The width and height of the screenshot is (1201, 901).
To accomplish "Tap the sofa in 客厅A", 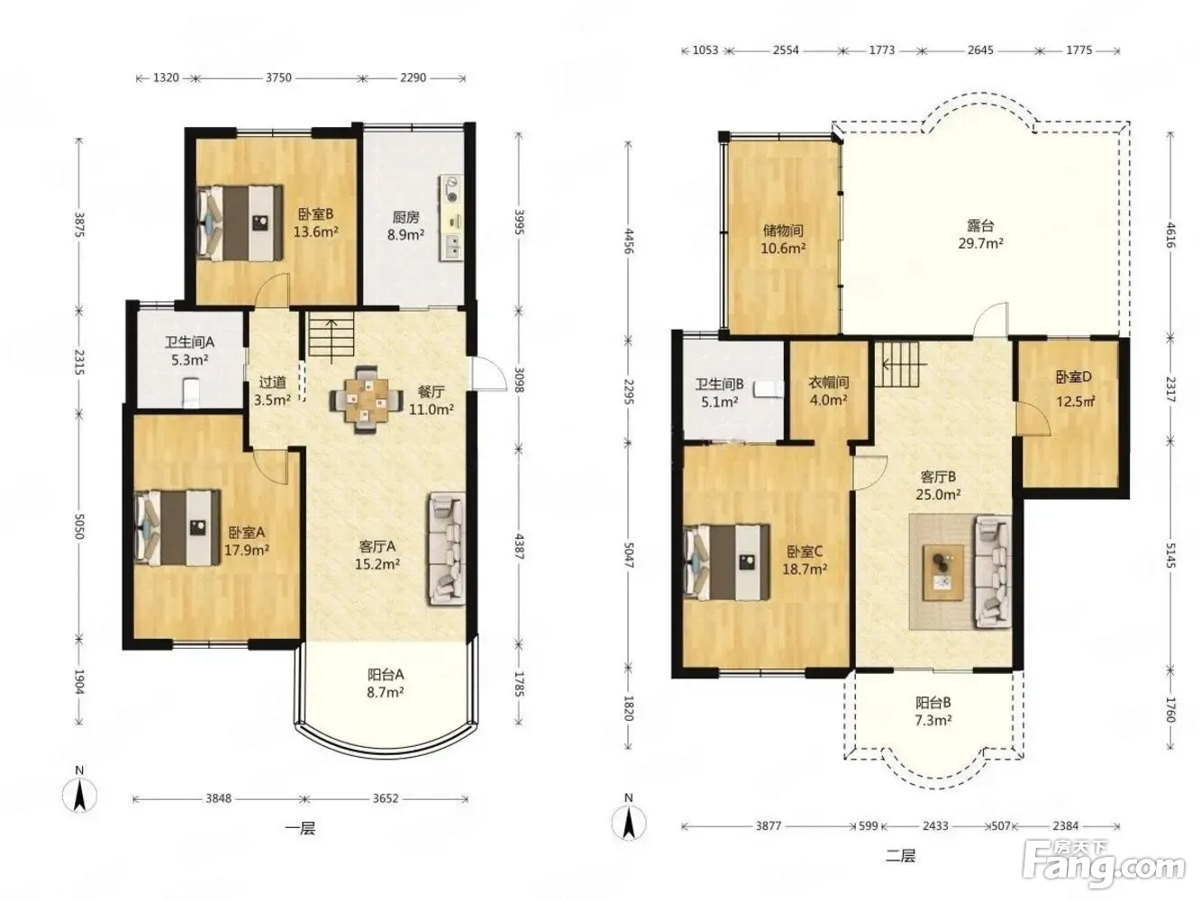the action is click(447, 548).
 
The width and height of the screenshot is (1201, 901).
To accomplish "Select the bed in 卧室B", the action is click(240, 223).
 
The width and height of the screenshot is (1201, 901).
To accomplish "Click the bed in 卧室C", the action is click(726, 562).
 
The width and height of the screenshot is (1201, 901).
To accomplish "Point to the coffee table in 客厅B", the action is click(942, 572).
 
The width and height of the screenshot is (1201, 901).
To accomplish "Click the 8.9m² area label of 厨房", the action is click(406, 235).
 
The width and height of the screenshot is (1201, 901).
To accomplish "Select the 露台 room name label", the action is click(980, 225).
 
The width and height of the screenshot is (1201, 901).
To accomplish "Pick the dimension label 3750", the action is click(278, 77).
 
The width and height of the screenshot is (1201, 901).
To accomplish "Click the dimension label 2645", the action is click(980, 50).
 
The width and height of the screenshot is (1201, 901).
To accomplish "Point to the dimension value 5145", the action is click(1169, 555).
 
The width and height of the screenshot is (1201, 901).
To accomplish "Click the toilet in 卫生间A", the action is click(190, 392).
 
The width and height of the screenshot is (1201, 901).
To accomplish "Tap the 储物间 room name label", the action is click(783, 231).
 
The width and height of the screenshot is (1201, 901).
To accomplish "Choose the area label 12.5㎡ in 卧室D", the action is click(1075, 402).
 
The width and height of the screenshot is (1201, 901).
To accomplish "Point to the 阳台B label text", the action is click(933, 703).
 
